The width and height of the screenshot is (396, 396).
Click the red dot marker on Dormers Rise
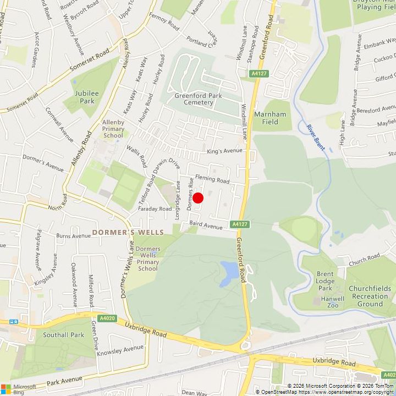[x=198, y=198]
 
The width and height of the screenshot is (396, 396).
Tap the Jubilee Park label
[x=87, y=97]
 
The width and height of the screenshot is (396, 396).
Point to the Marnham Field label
[x=270, y=118]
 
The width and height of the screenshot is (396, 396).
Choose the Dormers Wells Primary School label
[x=147, y=258]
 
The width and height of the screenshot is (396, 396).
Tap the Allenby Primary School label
[x=113, y=129]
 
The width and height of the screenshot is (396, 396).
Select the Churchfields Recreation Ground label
[x=370, y=296]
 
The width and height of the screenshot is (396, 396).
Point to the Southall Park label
[x=64, y=335]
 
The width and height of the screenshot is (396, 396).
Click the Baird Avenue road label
[x=205, y=225]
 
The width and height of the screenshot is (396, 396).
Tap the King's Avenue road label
[x=224, y=151]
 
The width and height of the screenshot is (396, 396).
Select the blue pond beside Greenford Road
[x=229, y=273]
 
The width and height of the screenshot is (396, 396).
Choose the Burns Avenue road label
[x=73, y=236]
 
